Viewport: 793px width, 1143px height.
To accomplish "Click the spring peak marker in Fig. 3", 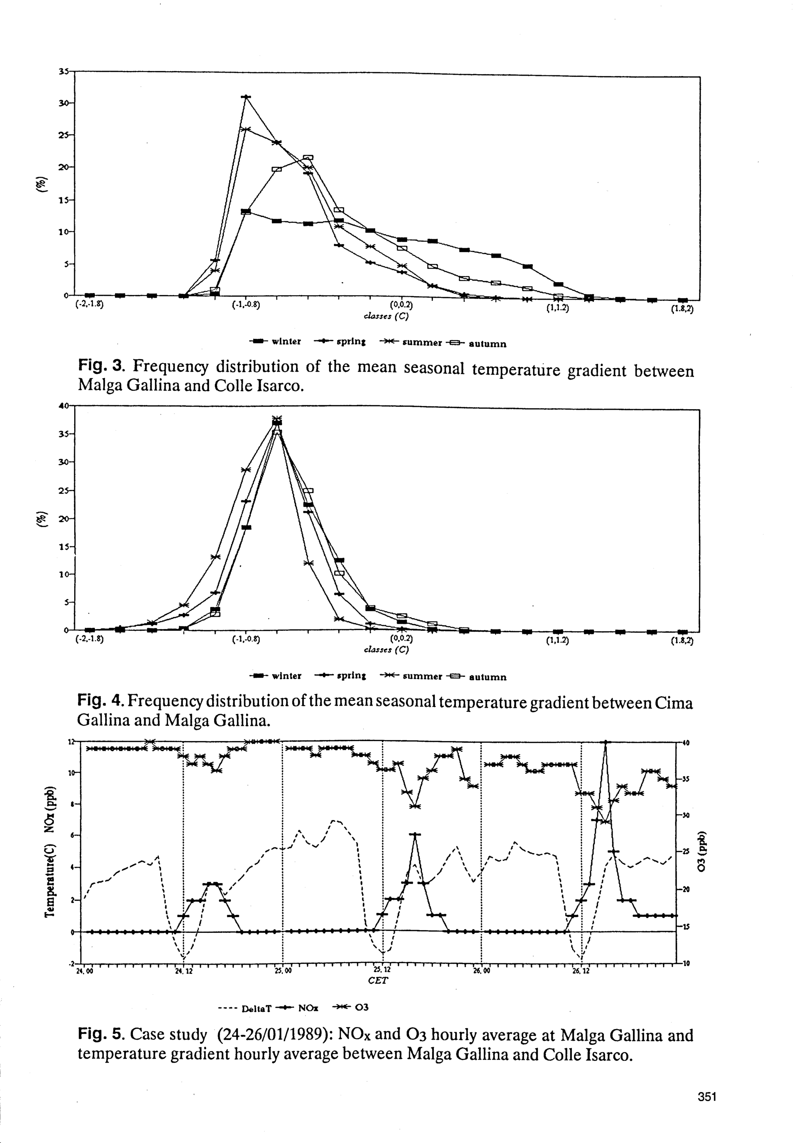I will (245, 96).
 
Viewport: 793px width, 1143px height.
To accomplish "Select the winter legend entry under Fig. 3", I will (275, 341).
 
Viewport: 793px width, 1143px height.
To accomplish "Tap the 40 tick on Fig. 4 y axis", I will (63, 406).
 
